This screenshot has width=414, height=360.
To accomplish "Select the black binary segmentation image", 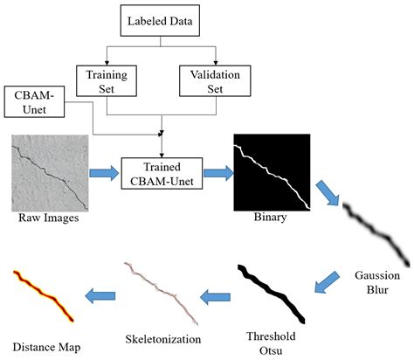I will [271, 173].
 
